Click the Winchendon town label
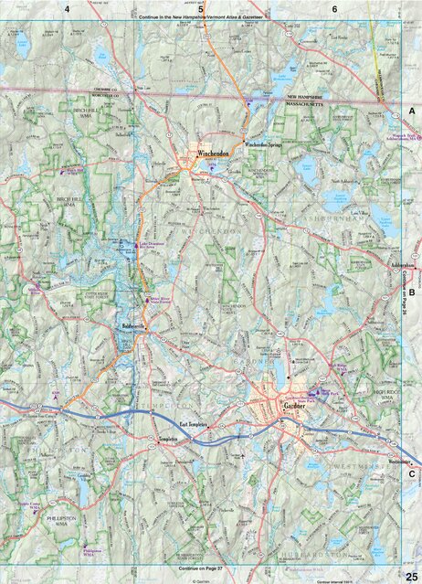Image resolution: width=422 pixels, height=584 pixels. pyautogui.click(x=211, y=155)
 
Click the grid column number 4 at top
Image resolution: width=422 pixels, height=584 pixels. pyautogui.click(x=67, y=8)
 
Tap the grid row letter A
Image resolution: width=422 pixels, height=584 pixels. pyautogui.click(x=412, y=110)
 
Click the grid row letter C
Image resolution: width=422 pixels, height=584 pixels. pyautogui.click(x=412, y=473)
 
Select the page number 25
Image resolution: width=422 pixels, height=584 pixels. pyautogui.click(x=410, y=570)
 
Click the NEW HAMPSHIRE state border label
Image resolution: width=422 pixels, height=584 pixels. pyautogui.click(x=311, y=96)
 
